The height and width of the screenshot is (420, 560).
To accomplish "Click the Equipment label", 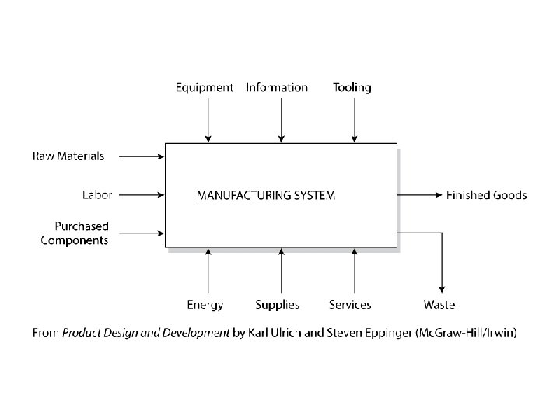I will (x=205, y=88).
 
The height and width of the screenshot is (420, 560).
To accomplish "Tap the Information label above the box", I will (x=277, y=88).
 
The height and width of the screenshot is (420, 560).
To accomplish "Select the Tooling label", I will (x=352, y=88).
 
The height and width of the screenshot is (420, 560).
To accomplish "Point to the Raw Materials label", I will (x=68, y=156).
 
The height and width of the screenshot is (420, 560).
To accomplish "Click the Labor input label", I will (x=97, y=194).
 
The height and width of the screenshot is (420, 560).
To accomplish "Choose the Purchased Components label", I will (x=75, y=233).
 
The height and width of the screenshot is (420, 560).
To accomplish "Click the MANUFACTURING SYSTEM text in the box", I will (x=266, y=195).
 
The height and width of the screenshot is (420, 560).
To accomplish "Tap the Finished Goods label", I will (x=486, y=194).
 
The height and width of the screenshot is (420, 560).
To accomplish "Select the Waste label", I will (x=439, y=305).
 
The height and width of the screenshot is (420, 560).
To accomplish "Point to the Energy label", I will (x=205, y=305).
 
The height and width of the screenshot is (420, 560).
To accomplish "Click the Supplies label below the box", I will (x=277, y=305).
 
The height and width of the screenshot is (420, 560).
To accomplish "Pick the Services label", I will (x=350, y=305).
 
